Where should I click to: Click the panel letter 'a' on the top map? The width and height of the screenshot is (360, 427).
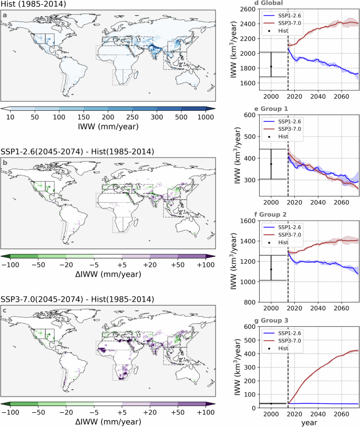[x=5, y=15]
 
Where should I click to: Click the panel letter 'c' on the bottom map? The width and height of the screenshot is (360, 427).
[x=5, y=313]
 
